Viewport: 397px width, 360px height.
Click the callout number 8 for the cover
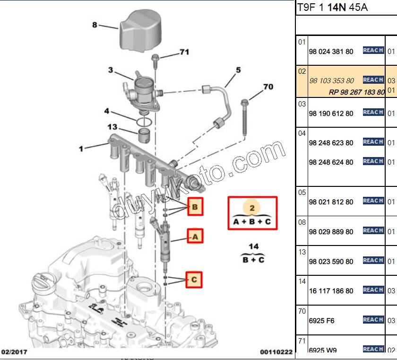tap(94, 25)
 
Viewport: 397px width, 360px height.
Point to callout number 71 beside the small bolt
tap(184, 53)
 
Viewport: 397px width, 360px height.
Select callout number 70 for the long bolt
tap(268, 87)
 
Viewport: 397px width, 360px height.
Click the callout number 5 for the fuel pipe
tap(238, 70)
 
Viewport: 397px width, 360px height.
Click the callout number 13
tap(112, 127)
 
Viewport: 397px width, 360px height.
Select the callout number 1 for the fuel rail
tap(81, 149)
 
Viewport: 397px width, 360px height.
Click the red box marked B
tap(195, 207)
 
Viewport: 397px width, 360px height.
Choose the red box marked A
tap(195, 236)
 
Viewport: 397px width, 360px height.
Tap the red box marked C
tap(194, 280)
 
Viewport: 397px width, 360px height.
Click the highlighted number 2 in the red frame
tap(252, 208)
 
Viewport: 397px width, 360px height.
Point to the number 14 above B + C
tap(254, 246)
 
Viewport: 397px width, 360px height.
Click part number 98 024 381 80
tap(331, 52)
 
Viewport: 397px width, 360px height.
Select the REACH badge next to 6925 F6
tap(373, 320)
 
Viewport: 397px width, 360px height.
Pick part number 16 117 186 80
tap(331, 291)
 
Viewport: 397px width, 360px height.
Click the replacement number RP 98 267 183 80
tap(356, 92)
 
